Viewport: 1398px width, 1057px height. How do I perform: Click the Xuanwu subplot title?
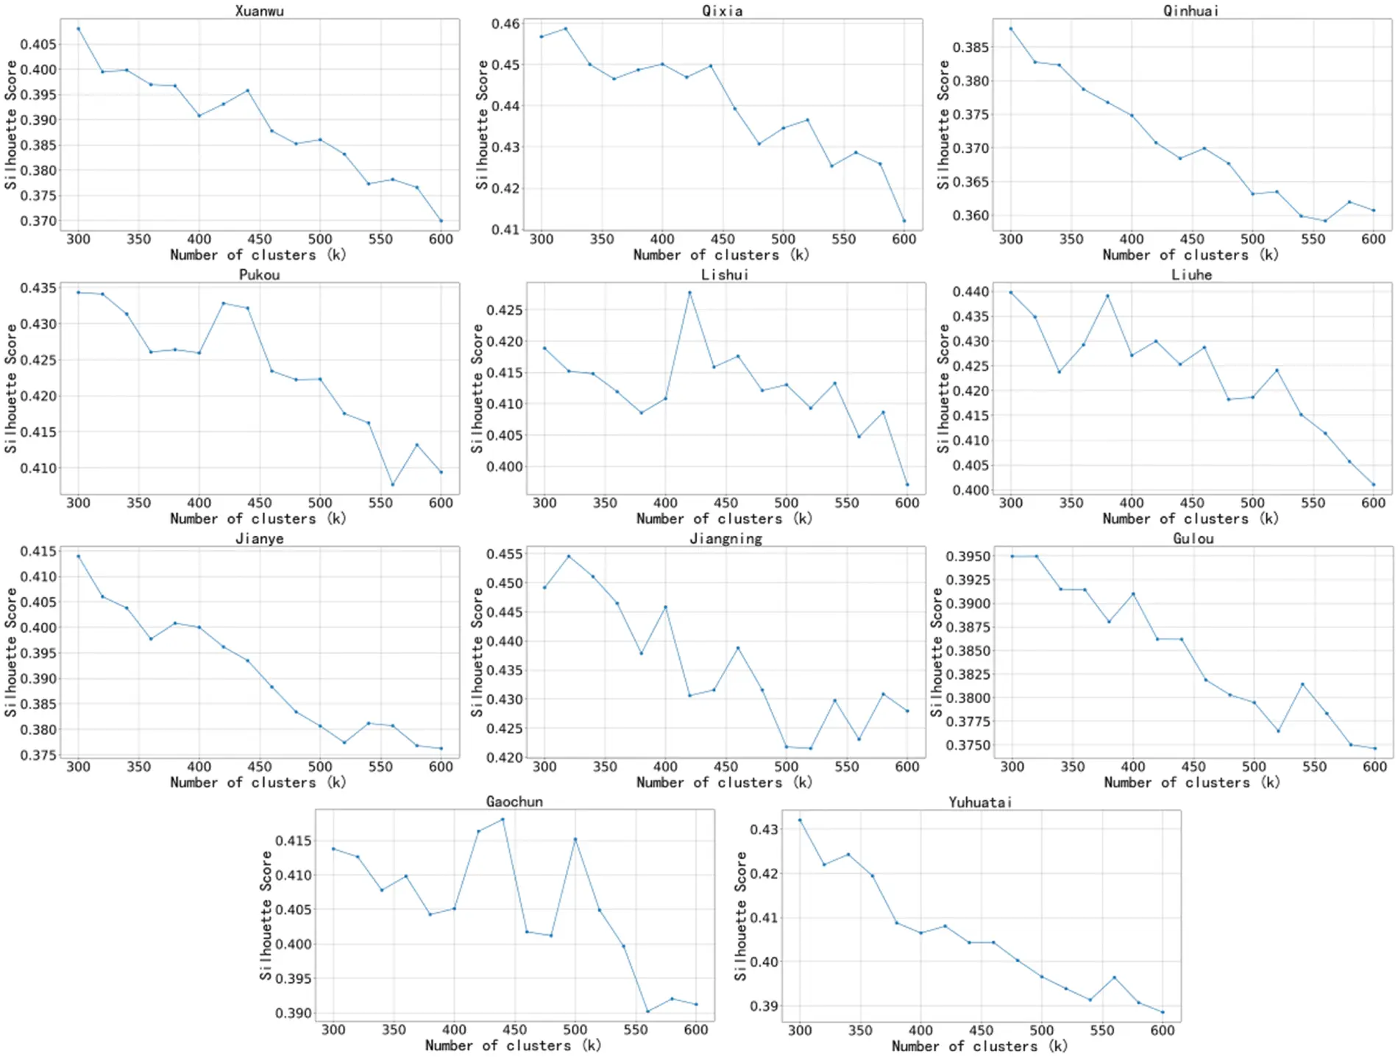259,10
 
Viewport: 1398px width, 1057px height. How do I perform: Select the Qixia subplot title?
722,10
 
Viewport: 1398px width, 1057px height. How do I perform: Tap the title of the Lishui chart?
724,274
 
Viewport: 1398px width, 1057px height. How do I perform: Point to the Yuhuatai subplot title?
979,802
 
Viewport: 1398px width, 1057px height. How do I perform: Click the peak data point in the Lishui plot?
689,293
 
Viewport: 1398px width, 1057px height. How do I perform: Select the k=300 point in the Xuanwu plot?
78,29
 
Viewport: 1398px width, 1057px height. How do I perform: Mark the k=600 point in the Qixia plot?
904,221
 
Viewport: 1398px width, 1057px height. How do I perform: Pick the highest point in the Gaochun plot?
503,819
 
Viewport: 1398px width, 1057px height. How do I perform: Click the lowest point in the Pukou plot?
393,484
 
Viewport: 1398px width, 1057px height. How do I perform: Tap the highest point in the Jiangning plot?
569,556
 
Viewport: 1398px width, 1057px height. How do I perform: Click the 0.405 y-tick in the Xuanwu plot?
38,44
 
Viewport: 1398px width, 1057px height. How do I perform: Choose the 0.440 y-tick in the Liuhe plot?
971,292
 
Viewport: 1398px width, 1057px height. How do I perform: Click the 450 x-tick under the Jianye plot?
259,766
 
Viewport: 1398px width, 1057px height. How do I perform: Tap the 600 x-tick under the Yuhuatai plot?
1163,1031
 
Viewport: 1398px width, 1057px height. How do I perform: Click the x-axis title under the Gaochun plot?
513,1045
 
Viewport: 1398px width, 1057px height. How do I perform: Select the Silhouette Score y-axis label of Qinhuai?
943,125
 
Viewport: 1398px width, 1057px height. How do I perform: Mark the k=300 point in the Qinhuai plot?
1010,29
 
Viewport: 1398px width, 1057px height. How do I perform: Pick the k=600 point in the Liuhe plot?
1373,484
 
